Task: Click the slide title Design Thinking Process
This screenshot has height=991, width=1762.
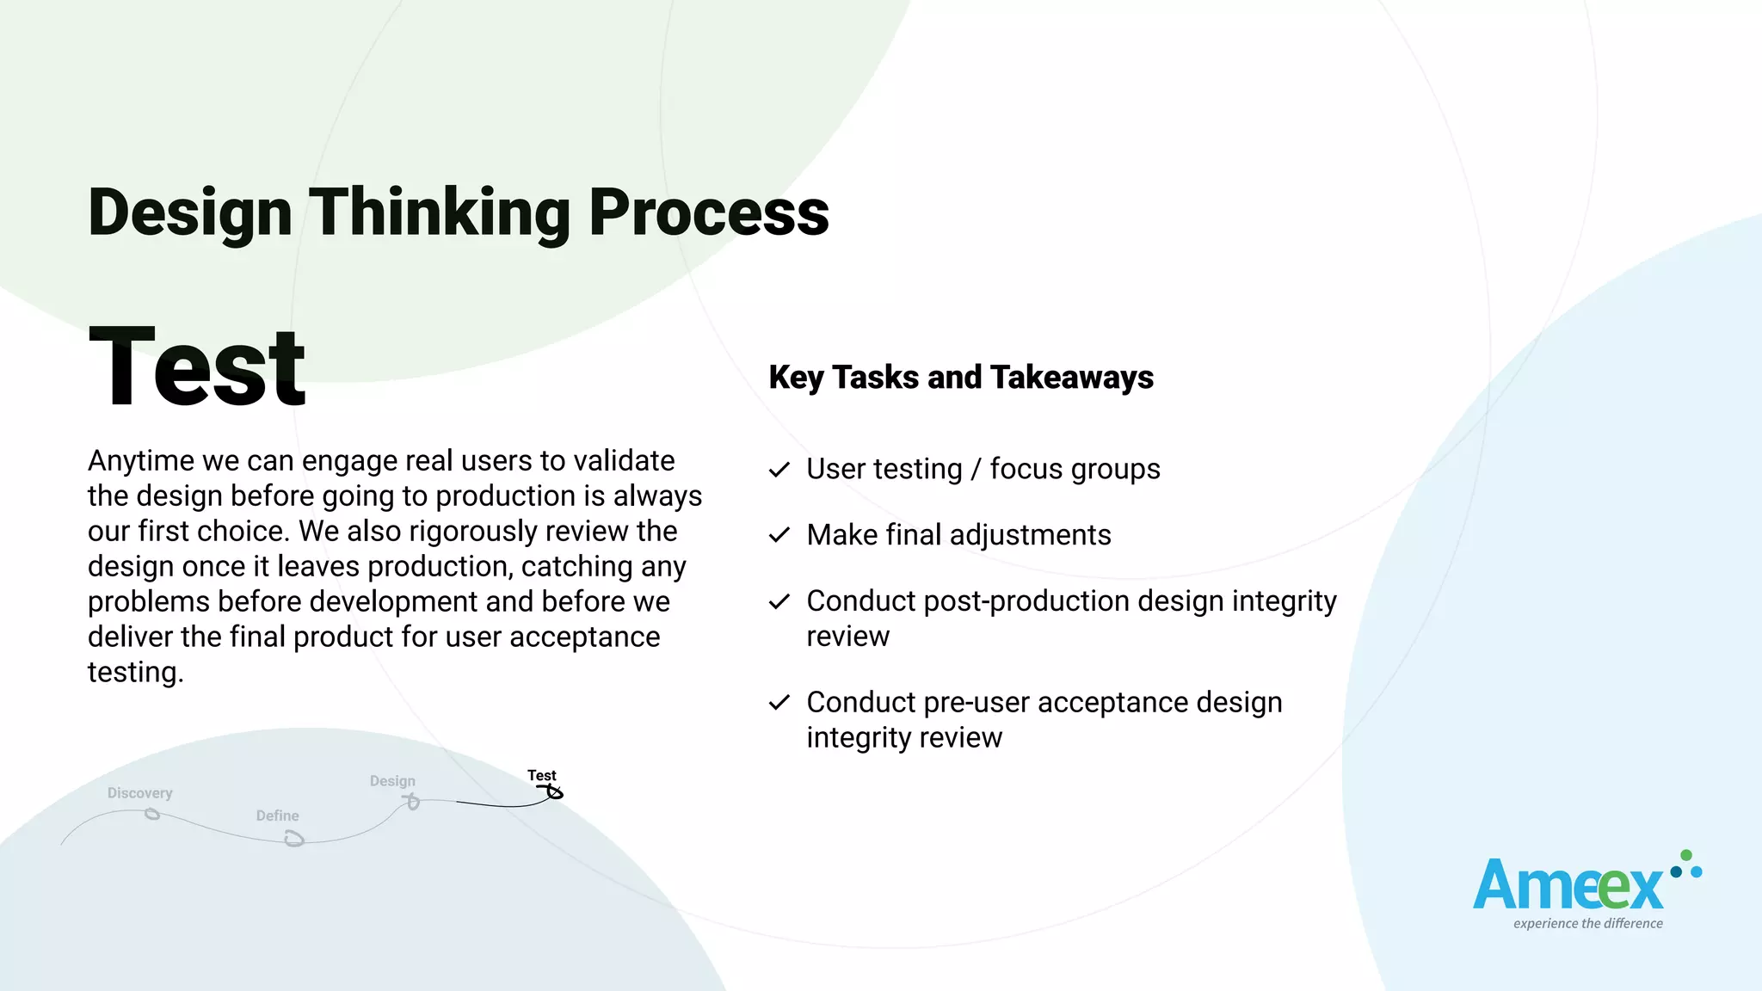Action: (459, 212)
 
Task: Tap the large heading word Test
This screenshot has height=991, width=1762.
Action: (197, 367)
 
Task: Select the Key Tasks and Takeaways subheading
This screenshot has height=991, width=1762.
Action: (961, 378)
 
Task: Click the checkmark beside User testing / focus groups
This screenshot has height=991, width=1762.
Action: (779, 470)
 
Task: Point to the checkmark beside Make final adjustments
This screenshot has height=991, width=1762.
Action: (779, 535)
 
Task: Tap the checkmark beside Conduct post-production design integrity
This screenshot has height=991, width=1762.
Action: (779, 601)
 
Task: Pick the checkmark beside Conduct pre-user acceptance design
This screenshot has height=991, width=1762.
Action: (779, 703)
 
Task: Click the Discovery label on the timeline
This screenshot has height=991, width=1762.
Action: (139, 793)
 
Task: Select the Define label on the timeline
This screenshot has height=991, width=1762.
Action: (277, 816)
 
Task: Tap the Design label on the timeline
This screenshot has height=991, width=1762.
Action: (392, 781)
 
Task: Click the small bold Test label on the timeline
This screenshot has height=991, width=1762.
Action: (542, 775)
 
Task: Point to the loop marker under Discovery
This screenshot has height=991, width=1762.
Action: (152, 814)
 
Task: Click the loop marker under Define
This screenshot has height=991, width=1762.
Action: (294, 838)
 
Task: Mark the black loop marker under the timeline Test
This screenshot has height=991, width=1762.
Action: (554, 791)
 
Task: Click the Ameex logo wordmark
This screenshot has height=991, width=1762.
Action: (1568, 886)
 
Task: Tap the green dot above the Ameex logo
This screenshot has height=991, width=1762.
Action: (1686, 855)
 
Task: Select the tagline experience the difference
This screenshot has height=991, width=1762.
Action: (1588, 924)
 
